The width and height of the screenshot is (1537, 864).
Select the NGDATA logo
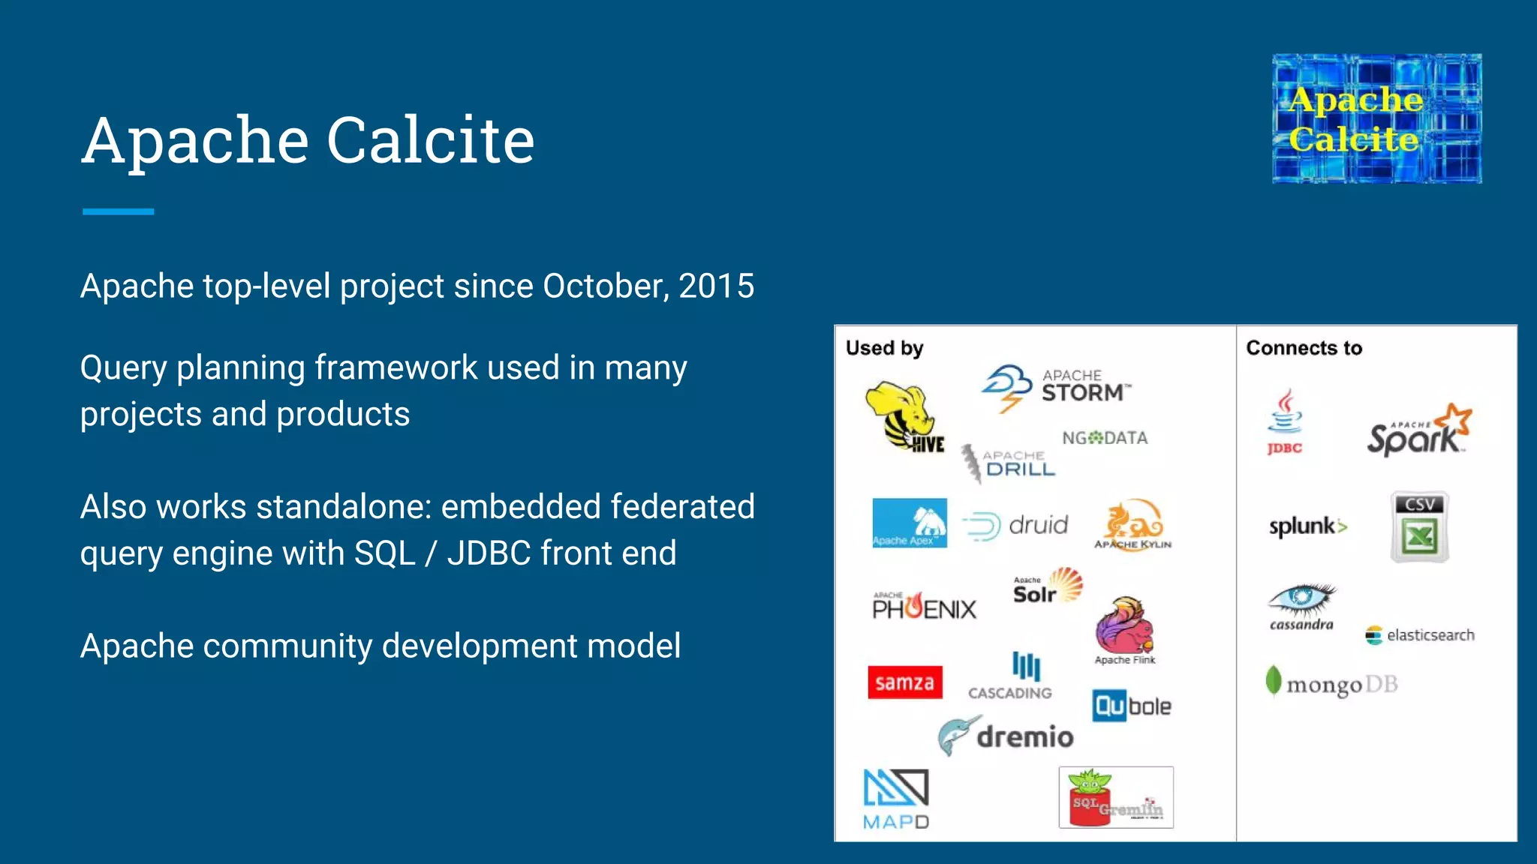1105,438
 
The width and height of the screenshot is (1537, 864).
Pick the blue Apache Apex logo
910,523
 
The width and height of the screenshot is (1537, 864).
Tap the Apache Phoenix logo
924,606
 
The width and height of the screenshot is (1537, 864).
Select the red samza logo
905,682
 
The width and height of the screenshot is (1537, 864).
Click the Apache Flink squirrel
1123,625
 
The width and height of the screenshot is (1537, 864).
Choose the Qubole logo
1131,706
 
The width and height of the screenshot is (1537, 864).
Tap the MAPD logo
896,798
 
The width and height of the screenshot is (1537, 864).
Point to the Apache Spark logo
1418,430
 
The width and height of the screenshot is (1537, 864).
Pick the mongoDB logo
1331,683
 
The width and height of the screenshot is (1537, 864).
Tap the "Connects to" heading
1304,348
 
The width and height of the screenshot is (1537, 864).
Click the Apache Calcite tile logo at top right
1376,118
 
